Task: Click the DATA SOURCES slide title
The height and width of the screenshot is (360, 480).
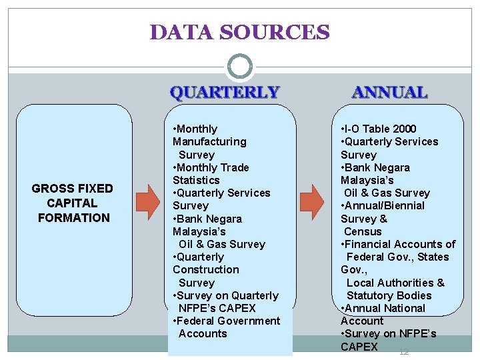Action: point(240,32)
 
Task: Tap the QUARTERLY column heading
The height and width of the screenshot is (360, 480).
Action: point(225,92)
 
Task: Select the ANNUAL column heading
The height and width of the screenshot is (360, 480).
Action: point(390,92)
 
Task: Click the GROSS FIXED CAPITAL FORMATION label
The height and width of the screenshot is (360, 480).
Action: point(73,203)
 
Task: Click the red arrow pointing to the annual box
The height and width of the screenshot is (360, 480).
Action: point(311,199)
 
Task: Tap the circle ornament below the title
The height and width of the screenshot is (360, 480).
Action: point(240,67)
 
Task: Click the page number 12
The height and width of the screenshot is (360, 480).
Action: point(403,352)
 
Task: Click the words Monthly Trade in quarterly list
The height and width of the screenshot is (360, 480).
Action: point(211,167)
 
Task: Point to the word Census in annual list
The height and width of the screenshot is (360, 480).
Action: point(363,231)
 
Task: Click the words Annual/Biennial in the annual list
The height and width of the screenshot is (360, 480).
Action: point(383,205)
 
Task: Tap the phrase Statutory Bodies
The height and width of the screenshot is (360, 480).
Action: point(389,295)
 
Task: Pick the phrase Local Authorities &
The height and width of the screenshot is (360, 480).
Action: point(395,283)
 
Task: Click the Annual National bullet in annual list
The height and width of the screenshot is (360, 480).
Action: point(383,308)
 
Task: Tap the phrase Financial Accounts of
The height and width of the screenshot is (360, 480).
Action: point(399,244)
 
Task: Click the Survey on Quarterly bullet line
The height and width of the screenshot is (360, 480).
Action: point(226,295)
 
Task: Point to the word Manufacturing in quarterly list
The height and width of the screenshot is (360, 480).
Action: point(209,141)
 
